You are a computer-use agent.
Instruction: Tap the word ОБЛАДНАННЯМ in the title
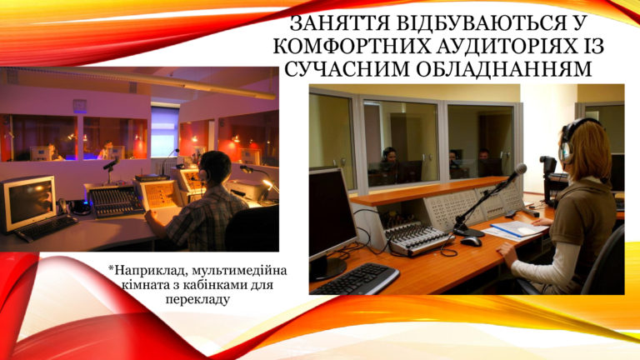point(503,69)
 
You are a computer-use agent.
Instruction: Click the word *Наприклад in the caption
point(147,271)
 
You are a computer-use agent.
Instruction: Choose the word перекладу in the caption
point(197,299)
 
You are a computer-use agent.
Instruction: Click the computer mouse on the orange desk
point(471,242)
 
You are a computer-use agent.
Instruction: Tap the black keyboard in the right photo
point(355,278)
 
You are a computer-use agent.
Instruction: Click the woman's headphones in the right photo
point(570,141)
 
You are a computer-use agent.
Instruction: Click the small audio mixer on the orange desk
point(418,238)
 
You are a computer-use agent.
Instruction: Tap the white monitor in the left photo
point(27,202)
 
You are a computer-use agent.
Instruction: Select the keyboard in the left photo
point(46,228)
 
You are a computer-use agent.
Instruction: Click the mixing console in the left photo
point(116,200)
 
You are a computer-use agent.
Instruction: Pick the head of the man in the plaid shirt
point(215,167)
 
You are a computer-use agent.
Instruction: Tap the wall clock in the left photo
point(80,105)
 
